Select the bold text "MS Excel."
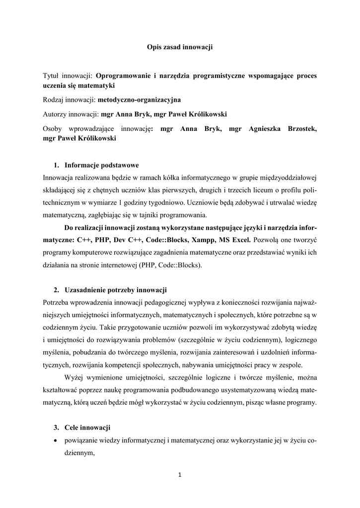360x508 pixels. coord(235,240)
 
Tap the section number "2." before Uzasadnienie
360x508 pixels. coord(56,289)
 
